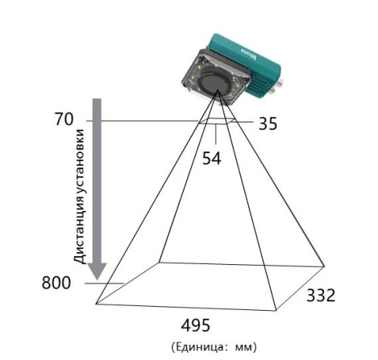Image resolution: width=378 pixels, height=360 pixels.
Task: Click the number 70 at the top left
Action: pyautogui.click(x=64, y=119)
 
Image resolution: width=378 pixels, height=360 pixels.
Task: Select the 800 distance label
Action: pyautogui.click(x=56, y=283)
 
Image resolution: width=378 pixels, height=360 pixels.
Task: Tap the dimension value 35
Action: pyautogui.click(x=268, y=124)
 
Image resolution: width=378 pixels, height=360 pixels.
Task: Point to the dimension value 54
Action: pyautogui.click(x=212, y=158)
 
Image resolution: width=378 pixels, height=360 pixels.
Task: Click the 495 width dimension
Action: pyautogui.click(x=195, y=325)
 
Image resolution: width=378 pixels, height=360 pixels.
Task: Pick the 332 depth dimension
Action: pyautogui.click(x=321, y=296)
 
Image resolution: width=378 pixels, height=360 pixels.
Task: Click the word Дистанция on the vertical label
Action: pyautogui.click(x=80, y=227)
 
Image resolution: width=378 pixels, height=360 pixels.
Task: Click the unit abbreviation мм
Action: pyautogui.click(x=244, y=348)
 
